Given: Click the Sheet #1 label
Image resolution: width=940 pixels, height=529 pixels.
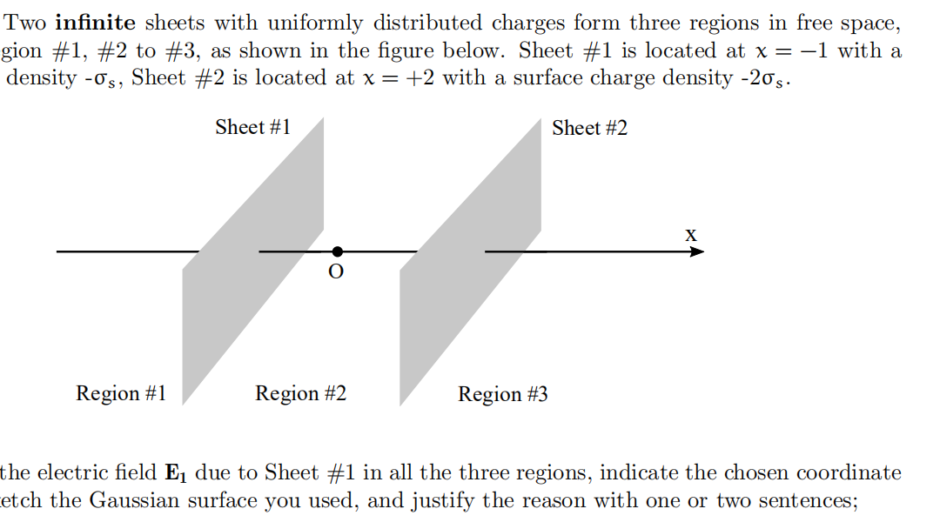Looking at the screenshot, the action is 252,127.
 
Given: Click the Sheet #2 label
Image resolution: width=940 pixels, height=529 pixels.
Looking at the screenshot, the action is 589,128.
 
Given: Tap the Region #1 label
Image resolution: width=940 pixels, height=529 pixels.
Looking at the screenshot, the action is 121,393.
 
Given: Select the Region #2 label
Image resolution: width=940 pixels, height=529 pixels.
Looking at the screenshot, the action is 300,393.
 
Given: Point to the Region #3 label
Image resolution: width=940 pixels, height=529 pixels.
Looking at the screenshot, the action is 503,394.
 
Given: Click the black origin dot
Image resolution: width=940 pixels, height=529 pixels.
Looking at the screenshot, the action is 337,251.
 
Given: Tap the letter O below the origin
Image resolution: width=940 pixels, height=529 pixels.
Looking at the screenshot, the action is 336,272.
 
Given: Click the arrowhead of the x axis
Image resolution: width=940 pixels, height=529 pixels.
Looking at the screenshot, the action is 696,251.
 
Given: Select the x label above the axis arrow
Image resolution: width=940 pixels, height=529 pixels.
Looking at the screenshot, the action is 690,234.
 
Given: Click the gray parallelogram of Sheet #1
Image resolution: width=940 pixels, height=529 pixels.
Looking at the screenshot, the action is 252,261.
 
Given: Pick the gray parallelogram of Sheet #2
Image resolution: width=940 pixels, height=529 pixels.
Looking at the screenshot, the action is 470,261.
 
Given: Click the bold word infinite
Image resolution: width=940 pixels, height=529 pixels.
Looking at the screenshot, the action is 95,23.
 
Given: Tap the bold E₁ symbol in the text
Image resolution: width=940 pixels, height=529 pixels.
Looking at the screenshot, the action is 176,473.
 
